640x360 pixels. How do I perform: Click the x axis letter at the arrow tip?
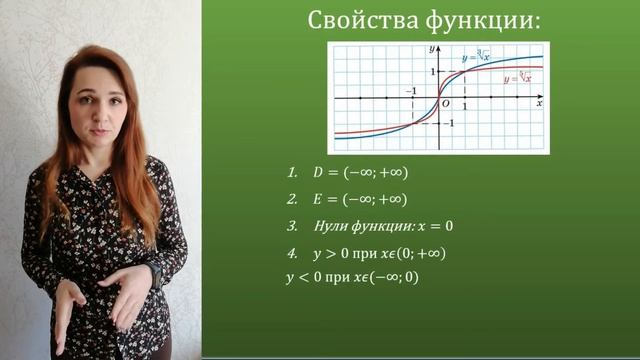click(x=539, y=103)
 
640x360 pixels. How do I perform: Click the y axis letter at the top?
click(x=428, y=48)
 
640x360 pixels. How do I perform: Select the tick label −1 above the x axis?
click(x=409, y=91)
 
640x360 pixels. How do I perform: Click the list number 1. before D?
click(x=293, y=172)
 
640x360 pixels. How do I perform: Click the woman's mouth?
click(x=105, y=131)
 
